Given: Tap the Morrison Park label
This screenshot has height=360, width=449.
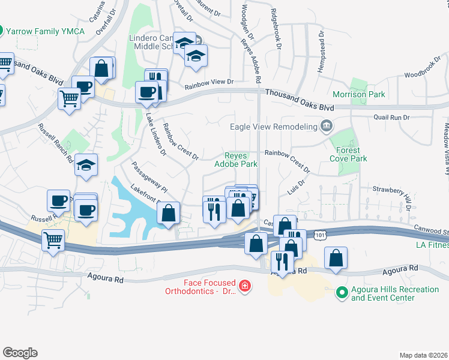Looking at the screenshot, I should coord(359,95).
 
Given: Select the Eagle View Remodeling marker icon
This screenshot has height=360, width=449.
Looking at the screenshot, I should coord(327,126).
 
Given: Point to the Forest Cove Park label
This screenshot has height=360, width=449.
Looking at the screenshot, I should coord(348,154).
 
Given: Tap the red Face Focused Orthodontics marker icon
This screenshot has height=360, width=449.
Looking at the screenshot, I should coord(244,286).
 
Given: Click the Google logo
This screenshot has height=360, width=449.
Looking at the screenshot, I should coord(20,353).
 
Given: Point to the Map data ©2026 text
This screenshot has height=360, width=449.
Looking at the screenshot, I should coord(424,355).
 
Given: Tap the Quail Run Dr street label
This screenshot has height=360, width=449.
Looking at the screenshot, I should coord(391,118).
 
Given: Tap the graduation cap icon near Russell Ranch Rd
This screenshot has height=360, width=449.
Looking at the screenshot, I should coord(86,164).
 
